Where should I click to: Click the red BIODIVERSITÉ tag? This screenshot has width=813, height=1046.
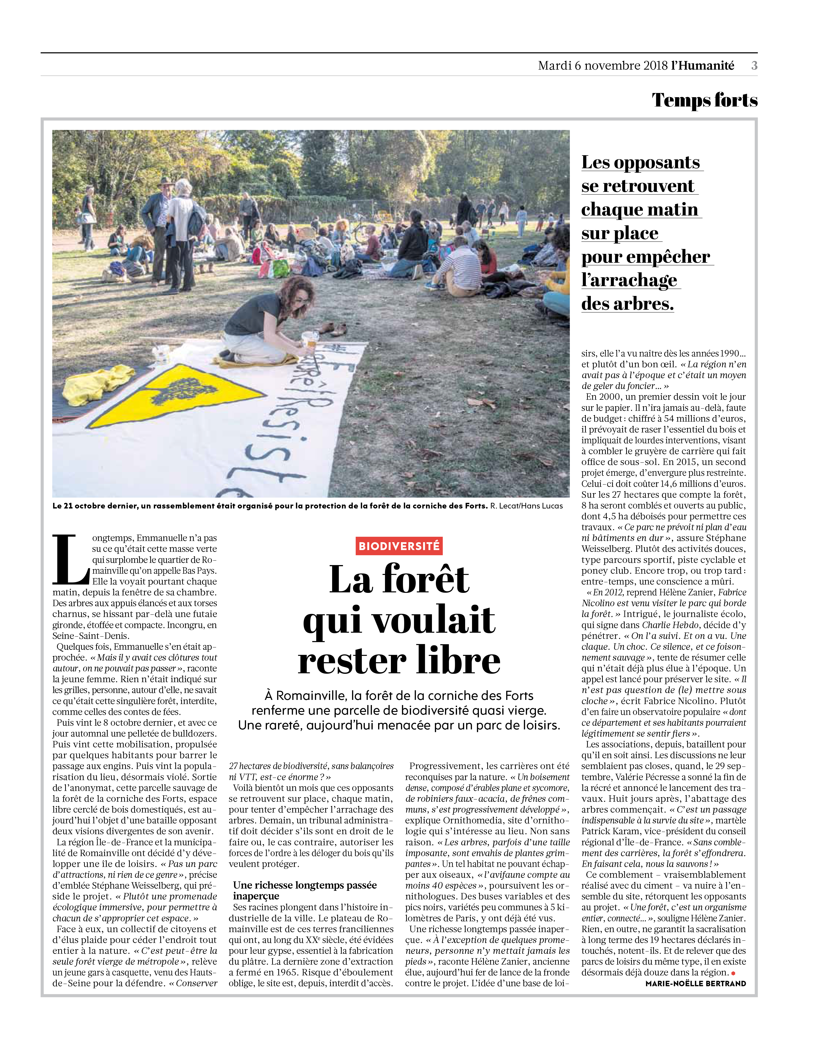[x=399, y=546]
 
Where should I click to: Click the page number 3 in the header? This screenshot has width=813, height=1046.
[x=754, y=66]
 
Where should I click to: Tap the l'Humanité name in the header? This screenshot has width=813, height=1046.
[x=702, y=66]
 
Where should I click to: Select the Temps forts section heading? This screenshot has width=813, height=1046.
[x=704, y=100]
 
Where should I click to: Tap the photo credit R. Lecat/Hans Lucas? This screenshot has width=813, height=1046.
[x=526, y=506]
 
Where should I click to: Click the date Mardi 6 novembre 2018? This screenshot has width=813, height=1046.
[x=603, y=66]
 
